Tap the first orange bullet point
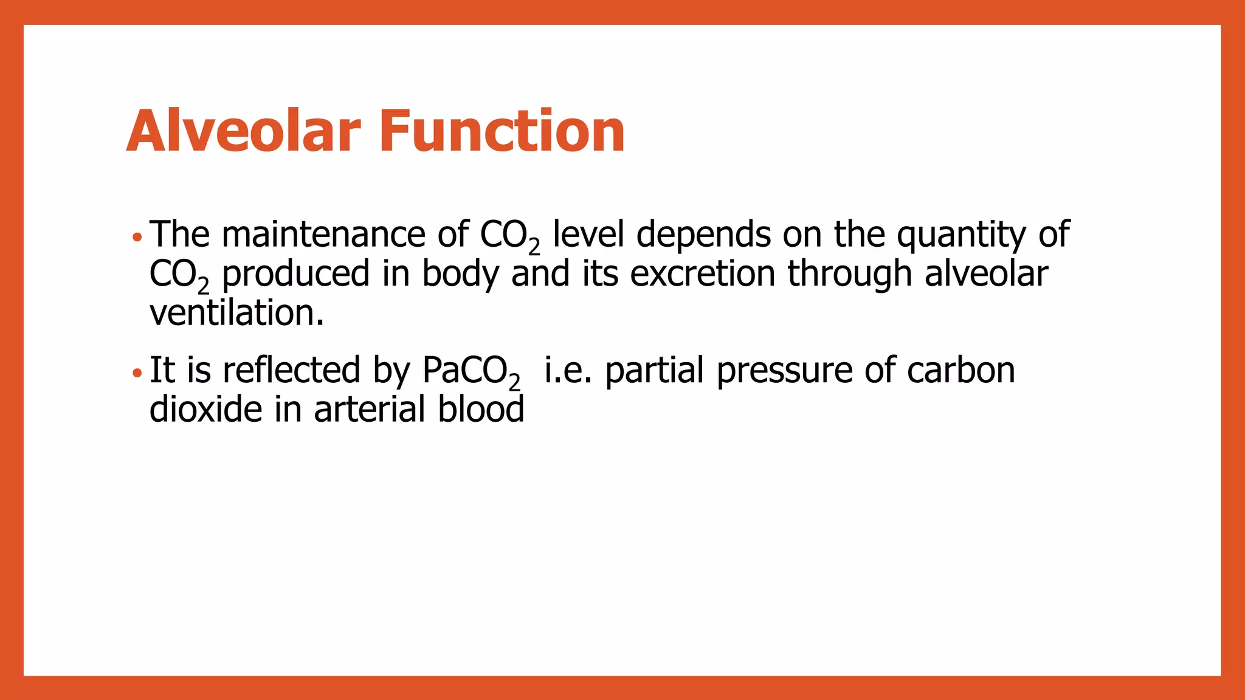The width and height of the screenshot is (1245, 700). coord(137,236)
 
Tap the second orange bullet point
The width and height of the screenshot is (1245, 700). coord(137,372)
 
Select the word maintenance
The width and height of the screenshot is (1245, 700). coord(323,235)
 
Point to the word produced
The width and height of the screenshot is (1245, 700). coord(295,275)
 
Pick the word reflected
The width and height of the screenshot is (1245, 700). coord(291,370)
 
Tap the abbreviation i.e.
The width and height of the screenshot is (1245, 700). coord(568,370)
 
